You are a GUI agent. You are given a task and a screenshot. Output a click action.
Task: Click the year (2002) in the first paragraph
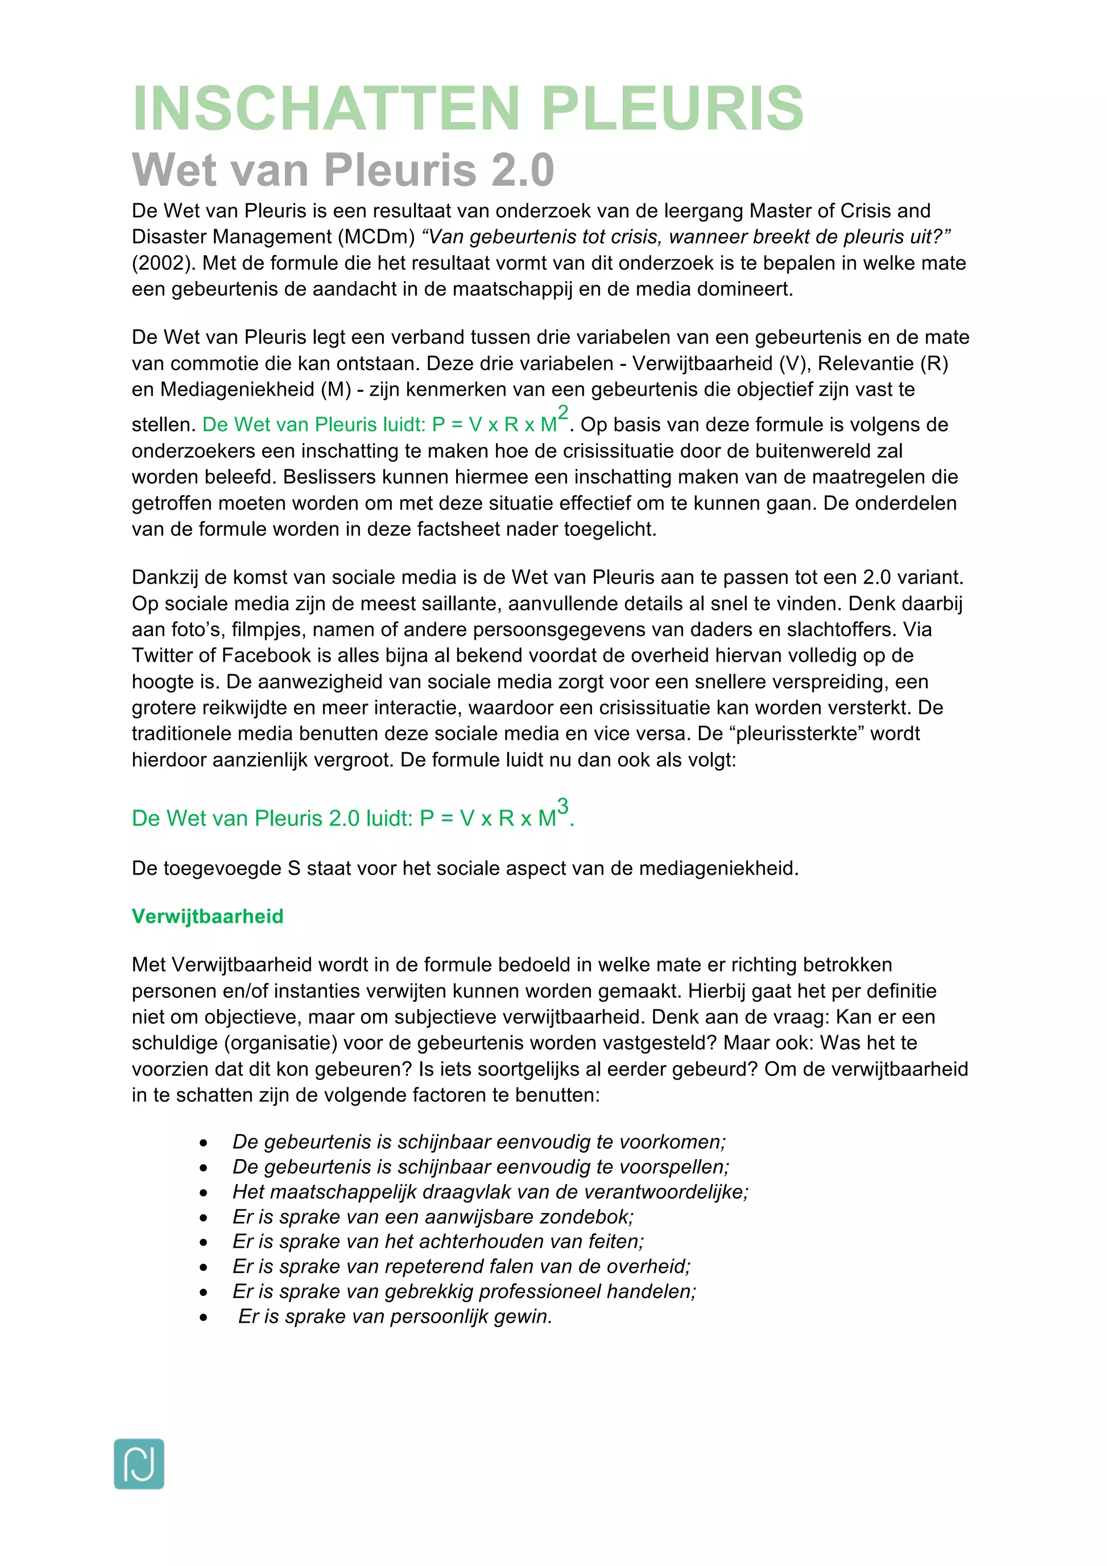[x=164, y=263]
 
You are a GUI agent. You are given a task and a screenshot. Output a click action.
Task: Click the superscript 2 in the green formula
[x=563, y=412]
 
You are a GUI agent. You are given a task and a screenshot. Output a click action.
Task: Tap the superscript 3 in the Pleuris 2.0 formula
[x=563, y=806]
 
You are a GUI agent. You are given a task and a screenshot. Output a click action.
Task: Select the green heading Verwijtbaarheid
[x=208, y=916]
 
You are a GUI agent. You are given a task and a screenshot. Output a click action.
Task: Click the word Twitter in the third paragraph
[x=164, y=655]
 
